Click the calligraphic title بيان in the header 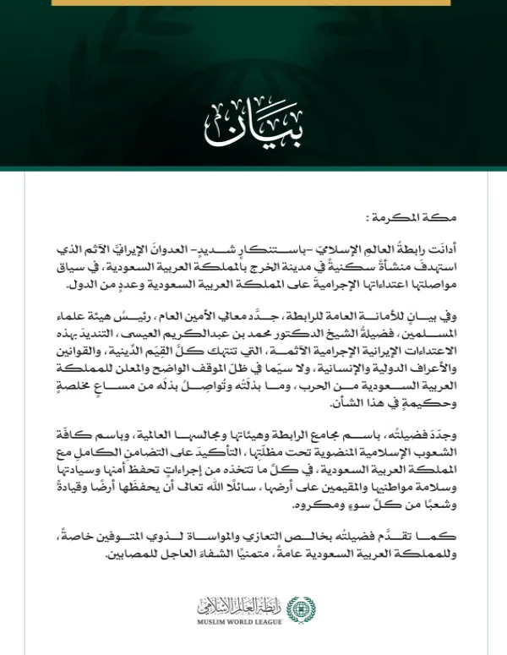(253, 124)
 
